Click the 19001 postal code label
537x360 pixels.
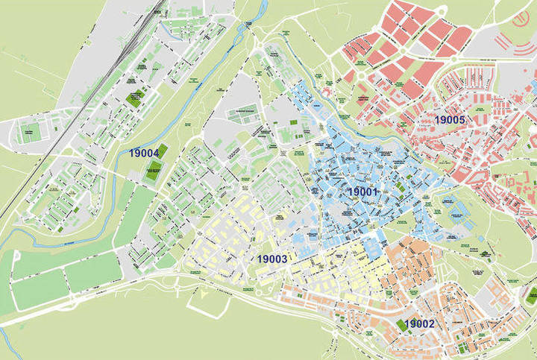pos(364,192)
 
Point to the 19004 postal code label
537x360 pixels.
pos(144,153)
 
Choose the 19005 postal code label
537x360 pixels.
pos(450,119)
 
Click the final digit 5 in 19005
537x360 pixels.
pos(462,119)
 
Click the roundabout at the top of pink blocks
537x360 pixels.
pos(441,8)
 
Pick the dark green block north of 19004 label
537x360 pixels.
pos(136,98)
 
